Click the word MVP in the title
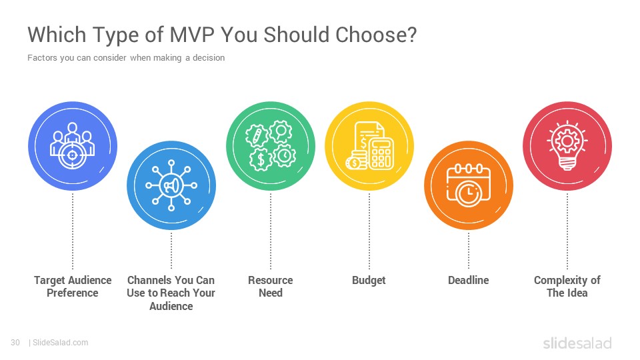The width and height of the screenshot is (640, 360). pos(192,34)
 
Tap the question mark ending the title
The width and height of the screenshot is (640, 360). pos(412,34)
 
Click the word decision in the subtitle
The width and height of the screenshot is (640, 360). pos(209,57)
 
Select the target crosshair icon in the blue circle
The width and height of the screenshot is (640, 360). pos(72,155)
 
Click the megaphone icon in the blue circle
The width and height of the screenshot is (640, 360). pos(171,186)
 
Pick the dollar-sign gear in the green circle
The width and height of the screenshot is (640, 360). pos(261,159)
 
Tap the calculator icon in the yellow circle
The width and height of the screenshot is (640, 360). pos(381,153)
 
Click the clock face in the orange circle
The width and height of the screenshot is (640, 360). pos(468,192)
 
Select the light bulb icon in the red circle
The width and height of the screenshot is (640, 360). pos(567,146)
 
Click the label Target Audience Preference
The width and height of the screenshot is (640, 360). pos(73,287)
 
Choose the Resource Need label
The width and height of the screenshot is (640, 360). pos(271,287)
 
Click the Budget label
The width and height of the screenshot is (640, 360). pos(369,281)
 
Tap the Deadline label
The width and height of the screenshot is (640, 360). pos(468,280)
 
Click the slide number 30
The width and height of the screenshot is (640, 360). pos(15,343)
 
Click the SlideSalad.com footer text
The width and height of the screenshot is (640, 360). pos(60,343)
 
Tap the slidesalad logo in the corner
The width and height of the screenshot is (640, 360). pos(577,343)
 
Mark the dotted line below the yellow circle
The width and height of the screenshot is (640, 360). pos(369,231)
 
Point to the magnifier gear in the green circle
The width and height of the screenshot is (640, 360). pos(281,132)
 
